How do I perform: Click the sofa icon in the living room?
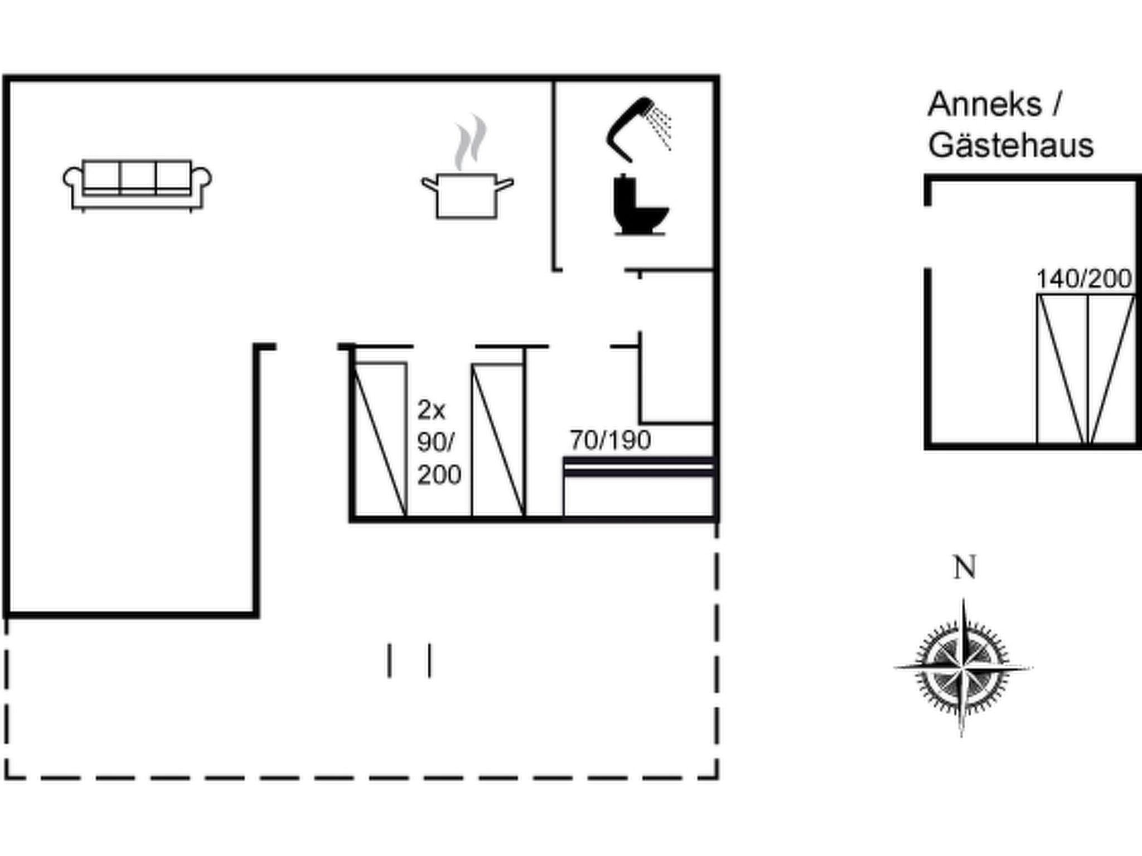click(137, 186)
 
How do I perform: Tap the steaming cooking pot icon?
click(467, 167)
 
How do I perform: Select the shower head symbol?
click(639, 129)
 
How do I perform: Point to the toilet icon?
click(640, 205)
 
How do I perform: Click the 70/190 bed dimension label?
click(610, 441)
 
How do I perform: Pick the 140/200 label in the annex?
click(1084, 279)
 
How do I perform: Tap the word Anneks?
click(985, 104)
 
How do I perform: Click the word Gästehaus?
click(1011, 145)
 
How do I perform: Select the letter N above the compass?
click(965, 568)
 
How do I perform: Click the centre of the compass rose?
click(964, 667)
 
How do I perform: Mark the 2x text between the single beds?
click(432, 411)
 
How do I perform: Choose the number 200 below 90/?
click(439, 475)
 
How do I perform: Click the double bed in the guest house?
click(1086, 369)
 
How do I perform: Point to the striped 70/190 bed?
click(638, 486)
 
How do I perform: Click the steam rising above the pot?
click(470, 143)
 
